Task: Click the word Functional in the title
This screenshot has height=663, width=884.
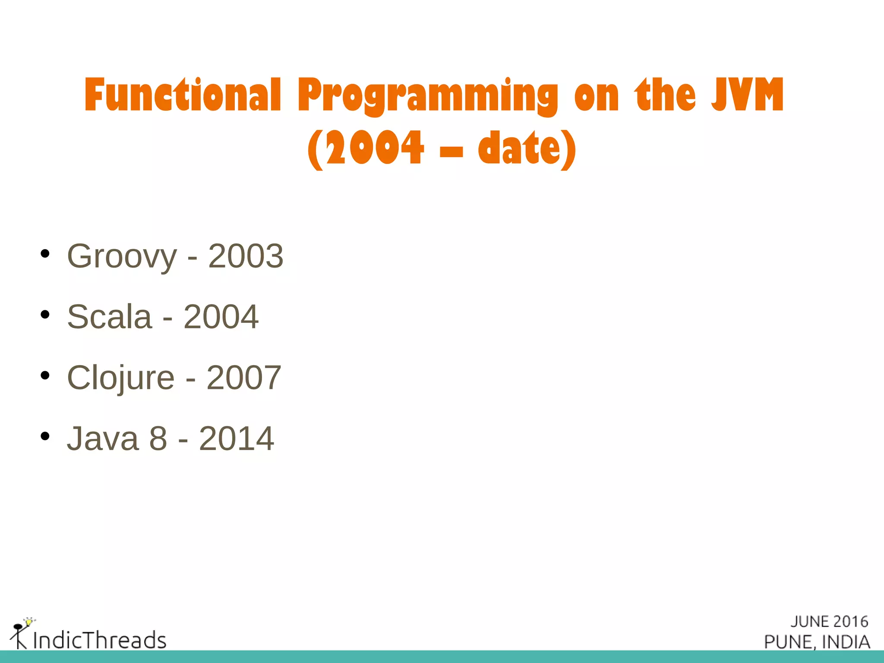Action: pyautogui.click(x=183, y=95)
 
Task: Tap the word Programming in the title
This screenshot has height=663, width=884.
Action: pyautogui.click(x=427, y=96)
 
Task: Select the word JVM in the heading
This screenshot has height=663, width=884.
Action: pyautogui.click(x=747, y=95)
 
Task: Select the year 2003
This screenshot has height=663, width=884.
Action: pyautogui.click(x=246, y=256)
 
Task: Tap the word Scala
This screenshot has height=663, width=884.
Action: pyautogui.click(x=110, y=317)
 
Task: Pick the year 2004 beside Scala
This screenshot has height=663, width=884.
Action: pyautogui.click(x=221, y=317)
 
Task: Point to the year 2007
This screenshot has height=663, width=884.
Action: pyautogui.click(x=244, y=378)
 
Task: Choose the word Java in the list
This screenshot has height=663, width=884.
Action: pyautogui.click(x=103, y=439)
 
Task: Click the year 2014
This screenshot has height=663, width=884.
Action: pyautogui.click(x=237, y=439)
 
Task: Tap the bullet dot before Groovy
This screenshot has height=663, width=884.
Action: pyautogui.click(x=45, y=254)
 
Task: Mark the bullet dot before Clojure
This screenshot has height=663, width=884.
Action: pyautogui.click(x=45, y=376)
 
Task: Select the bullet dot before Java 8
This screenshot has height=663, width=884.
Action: pyautogui.click(x=45, y=436)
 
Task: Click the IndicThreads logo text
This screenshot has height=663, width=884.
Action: pyautogui.click(x=100, y=640)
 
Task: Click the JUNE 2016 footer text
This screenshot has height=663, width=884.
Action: pyautogui.click(x=829, y=622)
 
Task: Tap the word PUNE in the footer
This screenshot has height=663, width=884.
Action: pyautogui.click(x=789, y=642)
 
